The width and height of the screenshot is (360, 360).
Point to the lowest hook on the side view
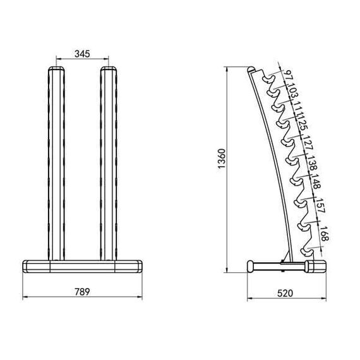308,244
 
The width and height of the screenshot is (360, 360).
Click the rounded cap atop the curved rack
252,69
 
